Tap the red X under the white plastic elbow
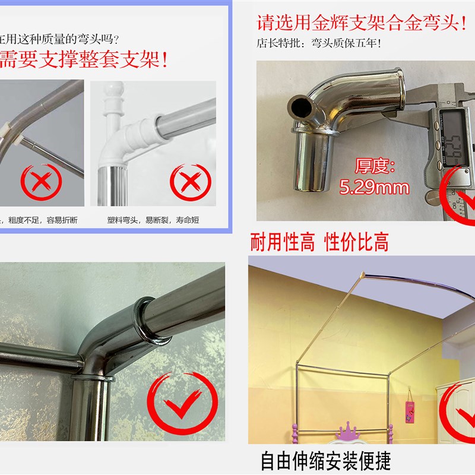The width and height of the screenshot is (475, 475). [x=188, y=180]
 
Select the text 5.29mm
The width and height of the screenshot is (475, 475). [x=374, y=189]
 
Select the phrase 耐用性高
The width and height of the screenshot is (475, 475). [x=283, y=243]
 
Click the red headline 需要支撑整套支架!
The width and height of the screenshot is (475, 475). [x=83, y=59]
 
